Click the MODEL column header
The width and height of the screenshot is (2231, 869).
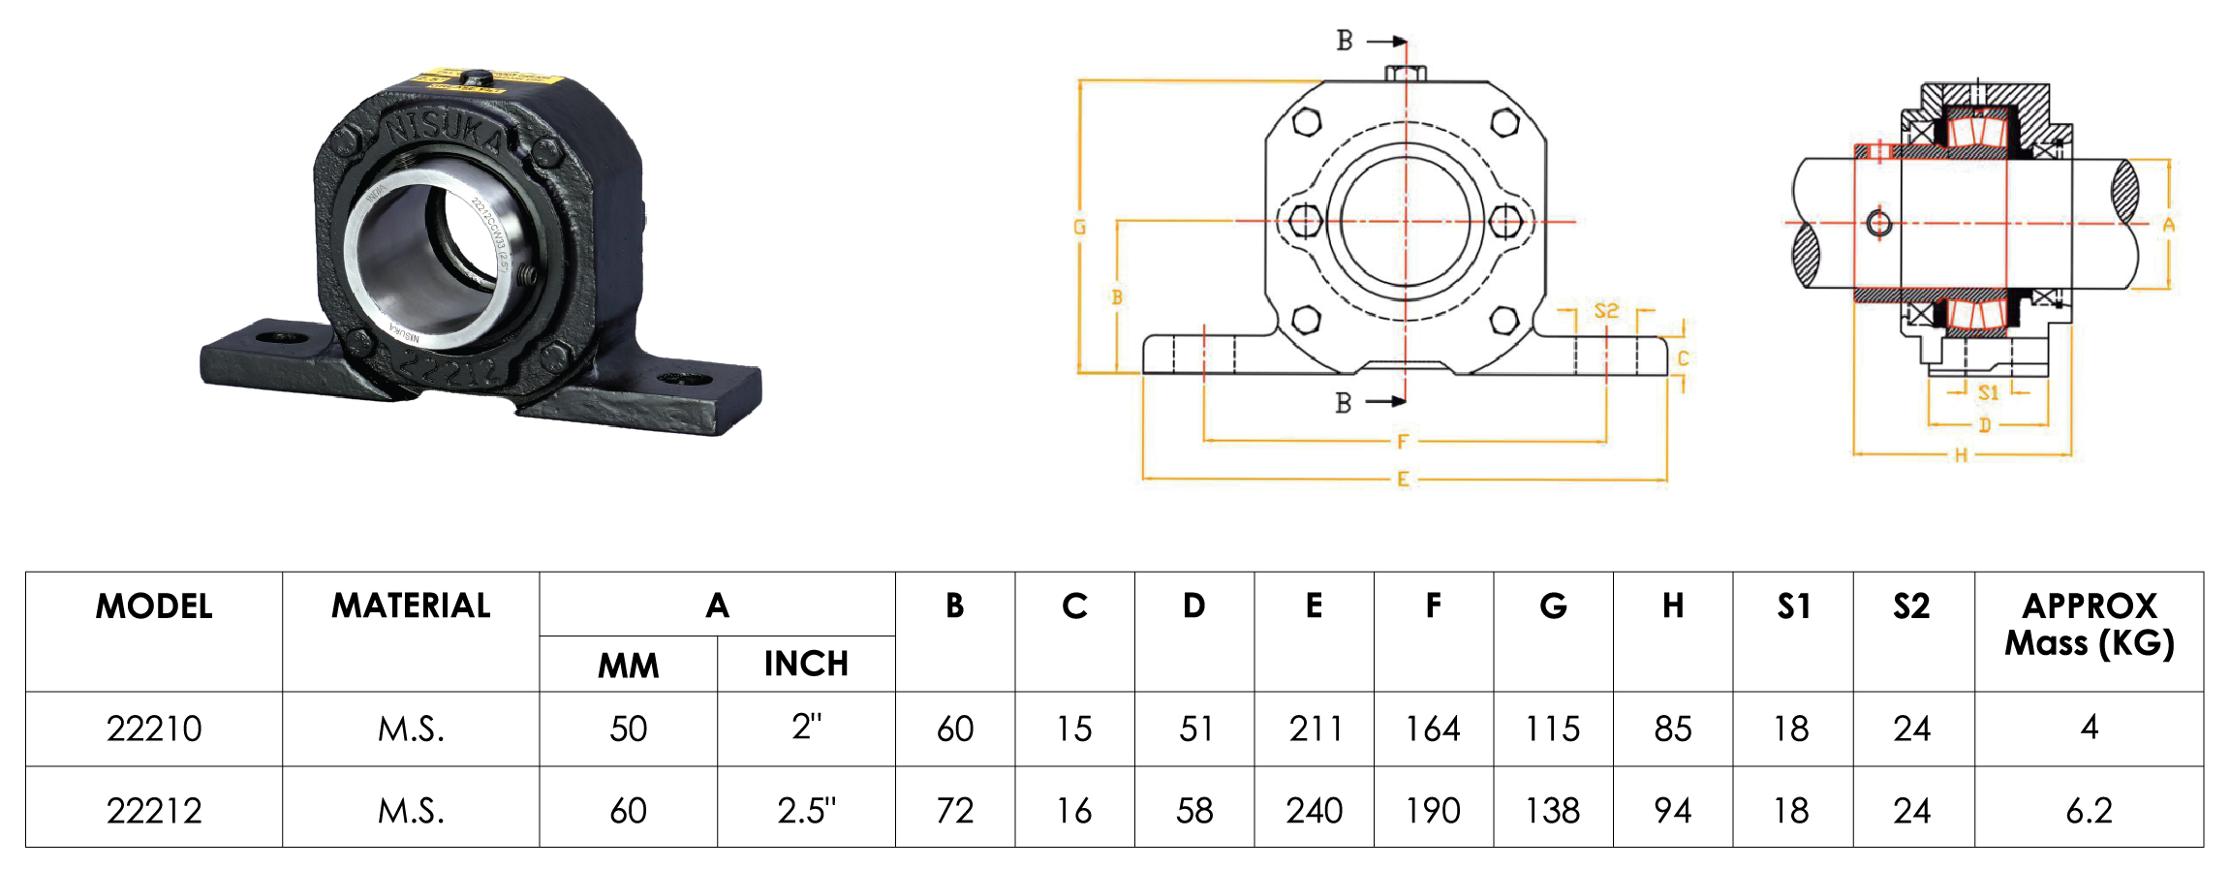tap(154, 606)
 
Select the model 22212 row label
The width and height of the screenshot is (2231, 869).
tap(154, 810)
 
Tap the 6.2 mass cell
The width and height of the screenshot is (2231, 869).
tap(2089, 810)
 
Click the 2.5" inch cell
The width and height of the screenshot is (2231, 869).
tap(806, 810)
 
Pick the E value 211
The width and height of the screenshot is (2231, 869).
tap(1315, 729)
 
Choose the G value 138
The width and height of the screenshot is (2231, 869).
tap(1553, 810)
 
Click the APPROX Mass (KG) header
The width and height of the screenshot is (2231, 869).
tap(2089, 624)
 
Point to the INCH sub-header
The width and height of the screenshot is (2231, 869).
tap(806, 664)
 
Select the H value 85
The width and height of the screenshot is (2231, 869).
tap(1673, 729)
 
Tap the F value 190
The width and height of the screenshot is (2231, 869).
tap(1433, 810)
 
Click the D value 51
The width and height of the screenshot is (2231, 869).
tap(1195, 729)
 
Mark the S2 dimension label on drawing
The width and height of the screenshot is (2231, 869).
tap(1606, 311)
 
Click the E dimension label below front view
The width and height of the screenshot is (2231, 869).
tap(1403, 480)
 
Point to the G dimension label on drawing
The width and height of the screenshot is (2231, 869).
tap(1079, 227)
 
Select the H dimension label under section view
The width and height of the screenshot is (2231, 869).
tap(1961, 455)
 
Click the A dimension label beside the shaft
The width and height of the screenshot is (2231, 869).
tap(2169, 225)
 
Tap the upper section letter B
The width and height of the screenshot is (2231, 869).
tap(1345, 41)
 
